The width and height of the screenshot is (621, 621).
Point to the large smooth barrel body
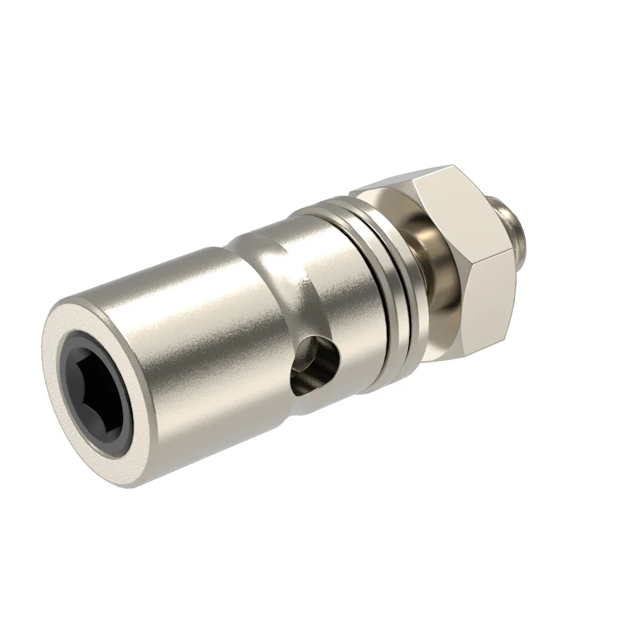click(182, 340)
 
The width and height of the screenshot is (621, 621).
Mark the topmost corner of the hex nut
click(454, 165)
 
